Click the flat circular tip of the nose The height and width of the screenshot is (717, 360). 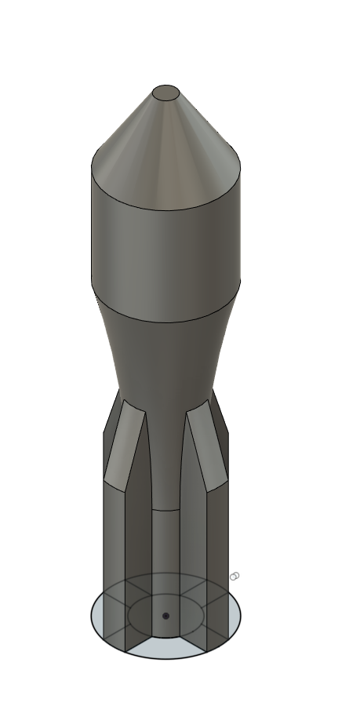[x=165, y=93]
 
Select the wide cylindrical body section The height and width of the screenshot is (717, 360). [x=165, y=243]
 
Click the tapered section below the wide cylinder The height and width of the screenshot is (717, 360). [x=165, y=353]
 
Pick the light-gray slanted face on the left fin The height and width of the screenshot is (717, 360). [x=124, y=447]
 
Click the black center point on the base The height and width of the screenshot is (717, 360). [x=165, y=616]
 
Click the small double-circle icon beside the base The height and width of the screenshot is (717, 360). [x=234, y=577]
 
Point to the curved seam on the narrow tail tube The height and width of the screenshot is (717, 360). [x=165, y=511]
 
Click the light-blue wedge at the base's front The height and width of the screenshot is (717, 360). [x=165, y=648]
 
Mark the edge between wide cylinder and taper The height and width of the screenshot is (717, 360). [x=165, y=322]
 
